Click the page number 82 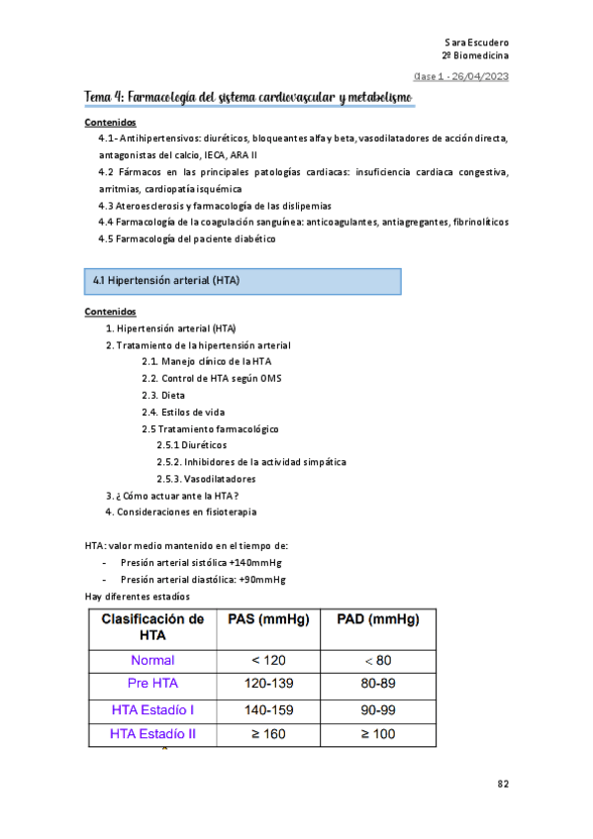click(503, 784)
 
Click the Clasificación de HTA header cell click(151, 627)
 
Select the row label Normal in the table click(151, 660)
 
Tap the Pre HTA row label click(151, 685)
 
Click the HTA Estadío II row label click(151, 734)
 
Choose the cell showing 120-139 click(268, 685)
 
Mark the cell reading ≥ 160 click(268, 734)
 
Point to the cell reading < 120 click(268, 660)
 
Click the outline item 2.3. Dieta click(163, 395)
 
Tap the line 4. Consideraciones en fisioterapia click(181, 512)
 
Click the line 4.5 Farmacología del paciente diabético click(187, 238)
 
